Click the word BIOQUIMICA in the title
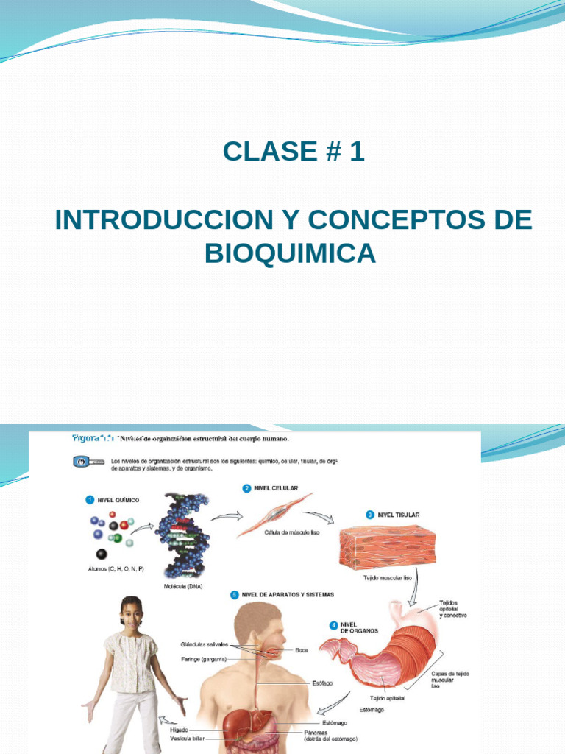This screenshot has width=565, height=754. [x=290, y=253]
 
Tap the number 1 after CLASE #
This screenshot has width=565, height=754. [x=357, y=152]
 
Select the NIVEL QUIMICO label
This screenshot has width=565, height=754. [x=118, y=499]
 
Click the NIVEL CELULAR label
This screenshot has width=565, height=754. [x=275, y=487]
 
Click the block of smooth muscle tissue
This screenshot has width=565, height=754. [x=387, y=549]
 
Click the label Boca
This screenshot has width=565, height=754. [x=302, y=649]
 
